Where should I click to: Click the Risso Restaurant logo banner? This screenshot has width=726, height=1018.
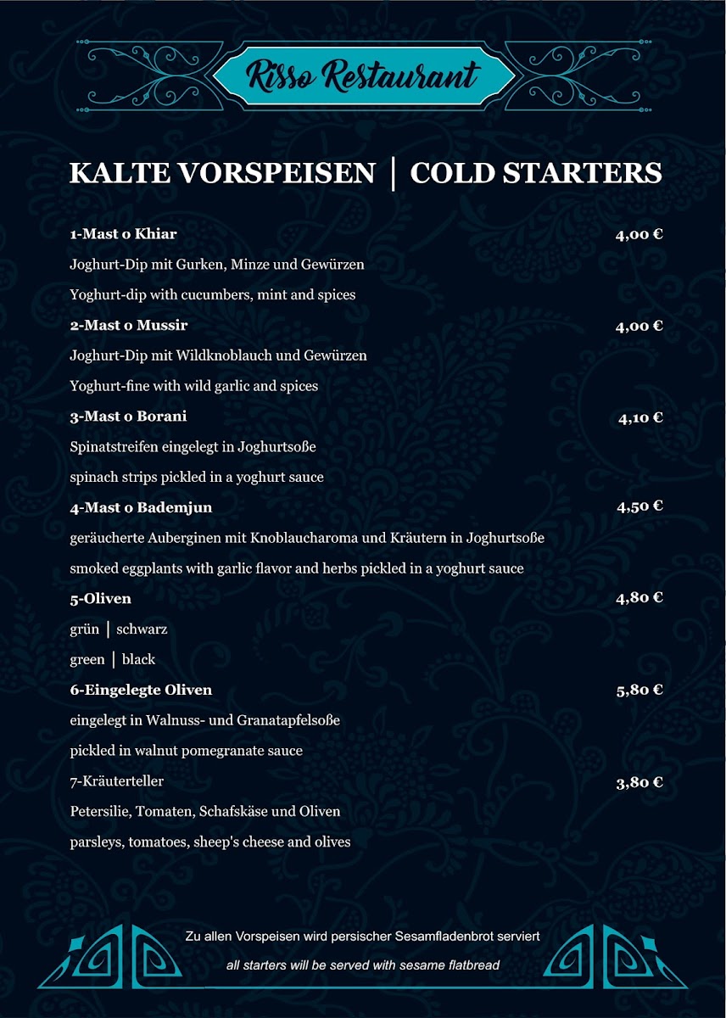[363, 75]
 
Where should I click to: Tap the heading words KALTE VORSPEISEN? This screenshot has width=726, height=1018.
[221, 173]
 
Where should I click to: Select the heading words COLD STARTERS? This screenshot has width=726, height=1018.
[535, 173]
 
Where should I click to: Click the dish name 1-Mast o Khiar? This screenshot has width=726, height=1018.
[123, 234]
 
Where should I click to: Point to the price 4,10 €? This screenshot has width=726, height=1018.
[639, 417]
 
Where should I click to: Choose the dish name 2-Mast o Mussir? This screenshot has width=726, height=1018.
[128, 326]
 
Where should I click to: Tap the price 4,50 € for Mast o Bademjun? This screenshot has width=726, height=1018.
[639, 506]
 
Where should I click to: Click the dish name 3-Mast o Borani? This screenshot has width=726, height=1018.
[128, 417]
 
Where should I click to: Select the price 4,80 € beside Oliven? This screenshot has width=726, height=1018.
[639, 597]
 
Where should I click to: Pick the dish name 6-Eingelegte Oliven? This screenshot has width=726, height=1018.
[141, 690]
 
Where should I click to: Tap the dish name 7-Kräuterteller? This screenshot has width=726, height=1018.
[116, 781]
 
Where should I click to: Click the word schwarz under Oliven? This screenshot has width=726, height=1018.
[142, 629]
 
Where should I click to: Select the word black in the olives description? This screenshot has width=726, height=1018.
[138, 660]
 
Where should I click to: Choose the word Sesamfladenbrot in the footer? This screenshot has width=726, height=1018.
[446, 937]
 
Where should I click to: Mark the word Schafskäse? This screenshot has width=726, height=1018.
[235, 812]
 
